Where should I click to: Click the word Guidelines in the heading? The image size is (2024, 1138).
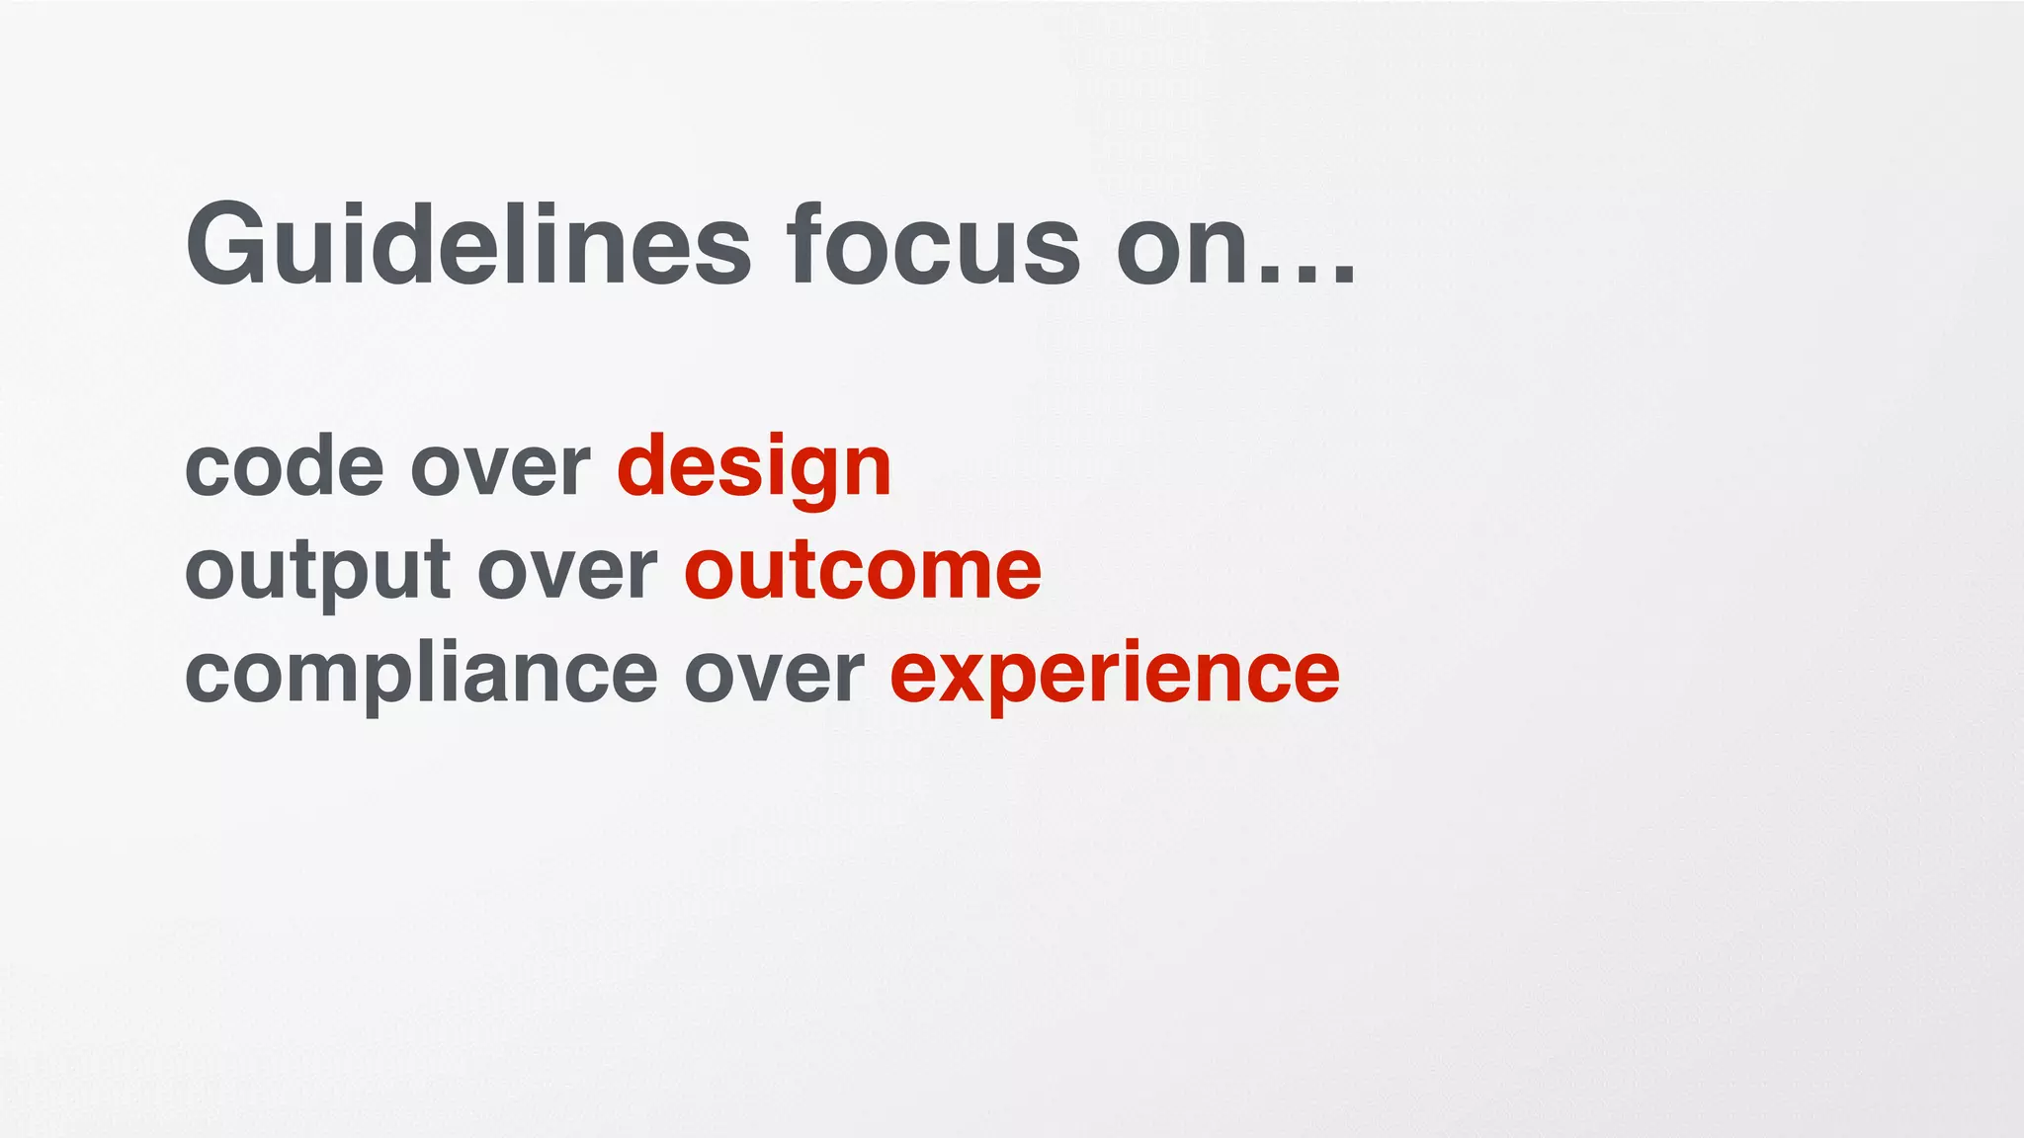point(467,245)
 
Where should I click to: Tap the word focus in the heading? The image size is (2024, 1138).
point(933,245)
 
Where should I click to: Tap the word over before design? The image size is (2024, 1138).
point(500,468)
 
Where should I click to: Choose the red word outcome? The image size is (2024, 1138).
point(863,571)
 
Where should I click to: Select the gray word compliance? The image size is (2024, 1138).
point(421,676)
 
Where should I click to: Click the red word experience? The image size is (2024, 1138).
point(1115,676)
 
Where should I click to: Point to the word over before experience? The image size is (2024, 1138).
point(774,676)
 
